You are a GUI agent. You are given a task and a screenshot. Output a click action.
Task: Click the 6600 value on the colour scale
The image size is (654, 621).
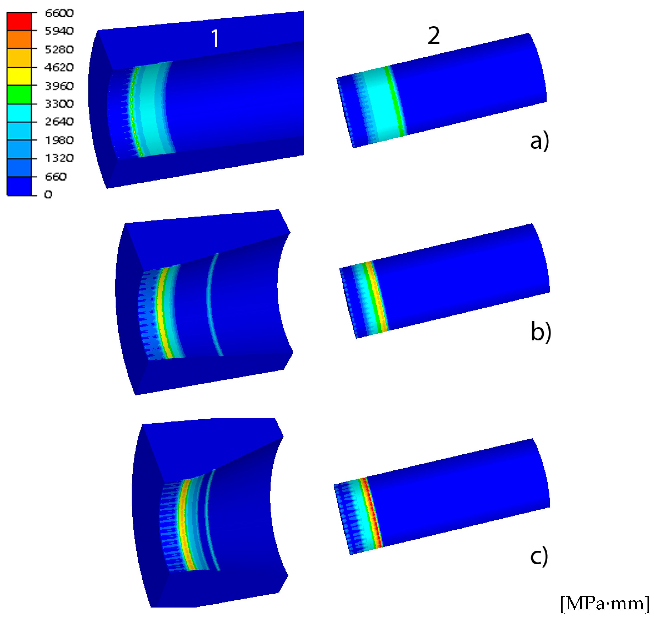point(59,13)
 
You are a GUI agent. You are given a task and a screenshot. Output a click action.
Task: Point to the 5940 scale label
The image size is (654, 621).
point(59,31)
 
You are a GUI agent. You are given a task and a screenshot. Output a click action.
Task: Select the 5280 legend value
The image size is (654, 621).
point(59,50)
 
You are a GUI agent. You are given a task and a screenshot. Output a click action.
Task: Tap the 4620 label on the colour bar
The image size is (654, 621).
point(59,68)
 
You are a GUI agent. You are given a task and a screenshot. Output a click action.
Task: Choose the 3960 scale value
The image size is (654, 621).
point(59,86)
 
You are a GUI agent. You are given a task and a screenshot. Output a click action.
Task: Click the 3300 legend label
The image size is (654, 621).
point(59,104)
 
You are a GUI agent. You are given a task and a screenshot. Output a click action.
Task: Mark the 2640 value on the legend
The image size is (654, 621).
point(59,122)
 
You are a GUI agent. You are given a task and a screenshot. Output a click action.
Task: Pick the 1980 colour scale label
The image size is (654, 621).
point(59,140)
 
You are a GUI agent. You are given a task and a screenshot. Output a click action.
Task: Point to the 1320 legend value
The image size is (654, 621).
point(59,158)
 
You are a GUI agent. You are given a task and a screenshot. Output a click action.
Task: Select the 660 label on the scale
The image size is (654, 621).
point(56,177)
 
